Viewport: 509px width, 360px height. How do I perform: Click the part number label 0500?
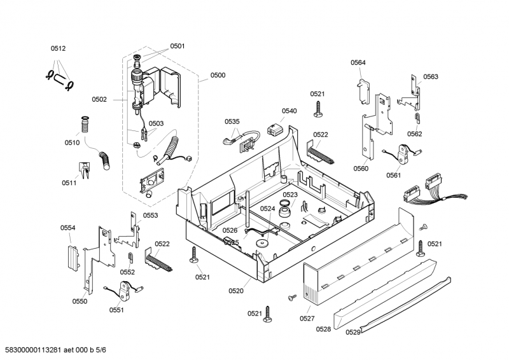point(218,75)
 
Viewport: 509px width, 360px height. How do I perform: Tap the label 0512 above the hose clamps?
point(59,48)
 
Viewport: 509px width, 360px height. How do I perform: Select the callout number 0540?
point(289,111)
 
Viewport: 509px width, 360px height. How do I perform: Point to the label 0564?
point(358,62)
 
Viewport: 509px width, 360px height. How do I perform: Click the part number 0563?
point(431,76)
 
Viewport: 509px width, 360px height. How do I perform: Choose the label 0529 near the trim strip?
point(353,332)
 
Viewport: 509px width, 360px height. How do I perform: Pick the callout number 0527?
point(307,317)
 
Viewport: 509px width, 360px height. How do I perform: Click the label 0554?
point(68,228)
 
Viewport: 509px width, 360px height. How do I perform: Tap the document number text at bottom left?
point(55,350)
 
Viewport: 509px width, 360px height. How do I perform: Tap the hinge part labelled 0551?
point(125,291)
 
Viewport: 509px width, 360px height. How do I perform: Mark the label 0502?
point(99,99)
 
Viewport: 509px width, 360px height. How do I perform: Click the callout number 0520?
point(236,291)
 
